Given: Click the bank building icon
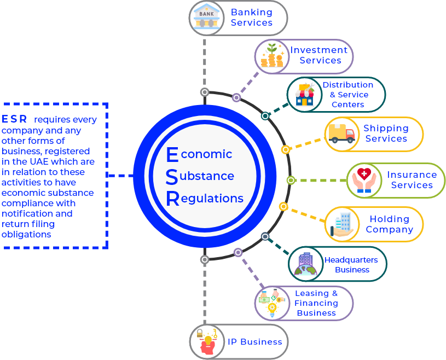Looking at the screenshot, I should (x=206, y=18).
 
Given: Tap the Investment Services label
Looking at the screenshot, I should (x=319, y=55).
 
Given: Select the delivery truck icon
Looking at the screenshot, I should (x=343, y=134).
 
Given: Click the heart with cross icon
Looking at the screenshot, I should (x=364, y=180).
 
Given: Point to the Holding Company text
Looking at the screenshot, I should (x=389, y=224).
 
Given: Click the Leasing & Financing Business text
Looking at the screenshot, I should (x=316, y=303).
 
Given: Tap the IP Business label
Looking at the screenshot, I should (x=254, y=342).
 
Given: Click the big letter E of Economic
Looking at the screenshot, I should (x=172, y=155).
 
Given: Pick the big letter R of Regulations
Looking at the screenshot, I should (x=172, y=199).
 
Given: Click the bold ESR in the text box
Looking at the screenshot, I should (x=14, y=119).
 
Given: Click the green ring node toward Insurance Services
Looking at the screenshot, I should (x=291, y=180).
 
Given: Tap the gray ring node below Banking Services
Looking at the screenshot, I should (x=205, y=92).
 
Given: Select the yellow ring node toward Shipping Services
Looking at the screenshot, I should (x=285, y=149).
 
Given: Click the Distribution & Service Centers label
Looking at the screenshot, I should (x=347, y=95).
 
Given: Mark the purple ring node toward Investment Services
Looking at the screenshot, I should (x=236, y=97).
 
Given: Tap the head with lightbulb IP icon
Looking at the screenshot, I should (x=207, y=342).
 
